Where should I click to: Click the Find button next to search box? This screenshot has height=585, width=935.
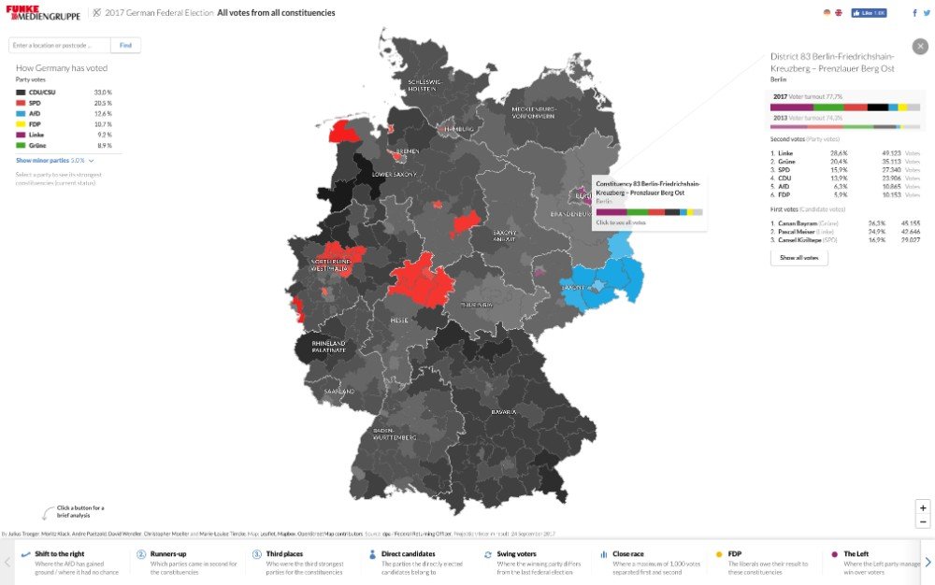125,45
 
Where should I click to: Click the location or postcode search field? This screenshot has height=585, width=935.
60,45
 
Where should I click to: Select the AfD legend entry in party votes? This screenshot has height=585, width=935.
36,113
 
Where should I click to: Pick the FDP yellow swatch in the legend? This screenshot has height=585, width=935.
21,124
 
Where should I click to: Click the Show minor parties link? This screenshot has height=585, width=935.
54,161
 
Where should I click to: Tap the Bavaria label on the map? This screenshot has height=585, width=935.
504,411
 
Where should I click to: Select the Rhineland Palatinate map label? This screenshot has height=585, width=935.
328,347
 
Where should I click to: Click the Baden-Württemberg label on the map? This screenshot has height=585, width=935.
394,434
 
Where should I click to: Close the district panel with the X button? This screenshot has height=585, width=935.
919,46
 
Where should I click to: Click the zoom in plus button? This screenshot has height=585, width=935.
923,507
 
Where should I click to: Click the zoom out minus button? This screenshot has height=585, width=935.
923,521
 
